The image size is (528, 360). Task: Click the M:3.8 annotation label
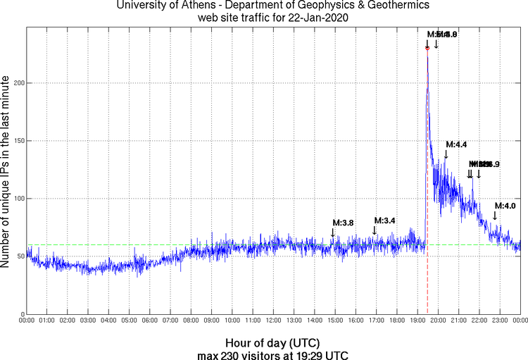pos(342,223)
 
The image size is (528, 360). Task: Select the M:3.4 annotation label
pos(384,221)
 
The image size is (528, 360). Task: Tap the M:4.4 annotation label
pos(456,144)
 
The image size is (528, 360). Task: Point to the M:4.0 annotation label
pos(505,206)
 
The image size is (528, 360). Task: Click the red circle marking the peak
pos(427,48)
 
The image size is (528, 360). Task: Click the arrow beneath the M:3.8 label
pos(334,232)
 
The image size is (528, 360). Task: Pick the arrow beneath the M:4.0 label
pos(495,216)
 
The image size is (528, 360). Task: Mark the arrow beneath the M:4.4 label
pos(446,154)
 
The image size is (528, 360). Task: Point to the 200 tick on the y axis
pos(19,83)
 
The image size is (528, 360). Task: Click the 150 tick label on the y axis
pos(19,141)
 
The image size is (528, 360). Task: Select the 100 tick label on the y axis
pos(19,199)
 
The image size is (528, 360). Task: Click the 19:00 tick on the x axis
pos(417,321)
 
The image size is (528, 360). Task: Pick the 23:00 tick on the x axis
pos(500,321)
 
